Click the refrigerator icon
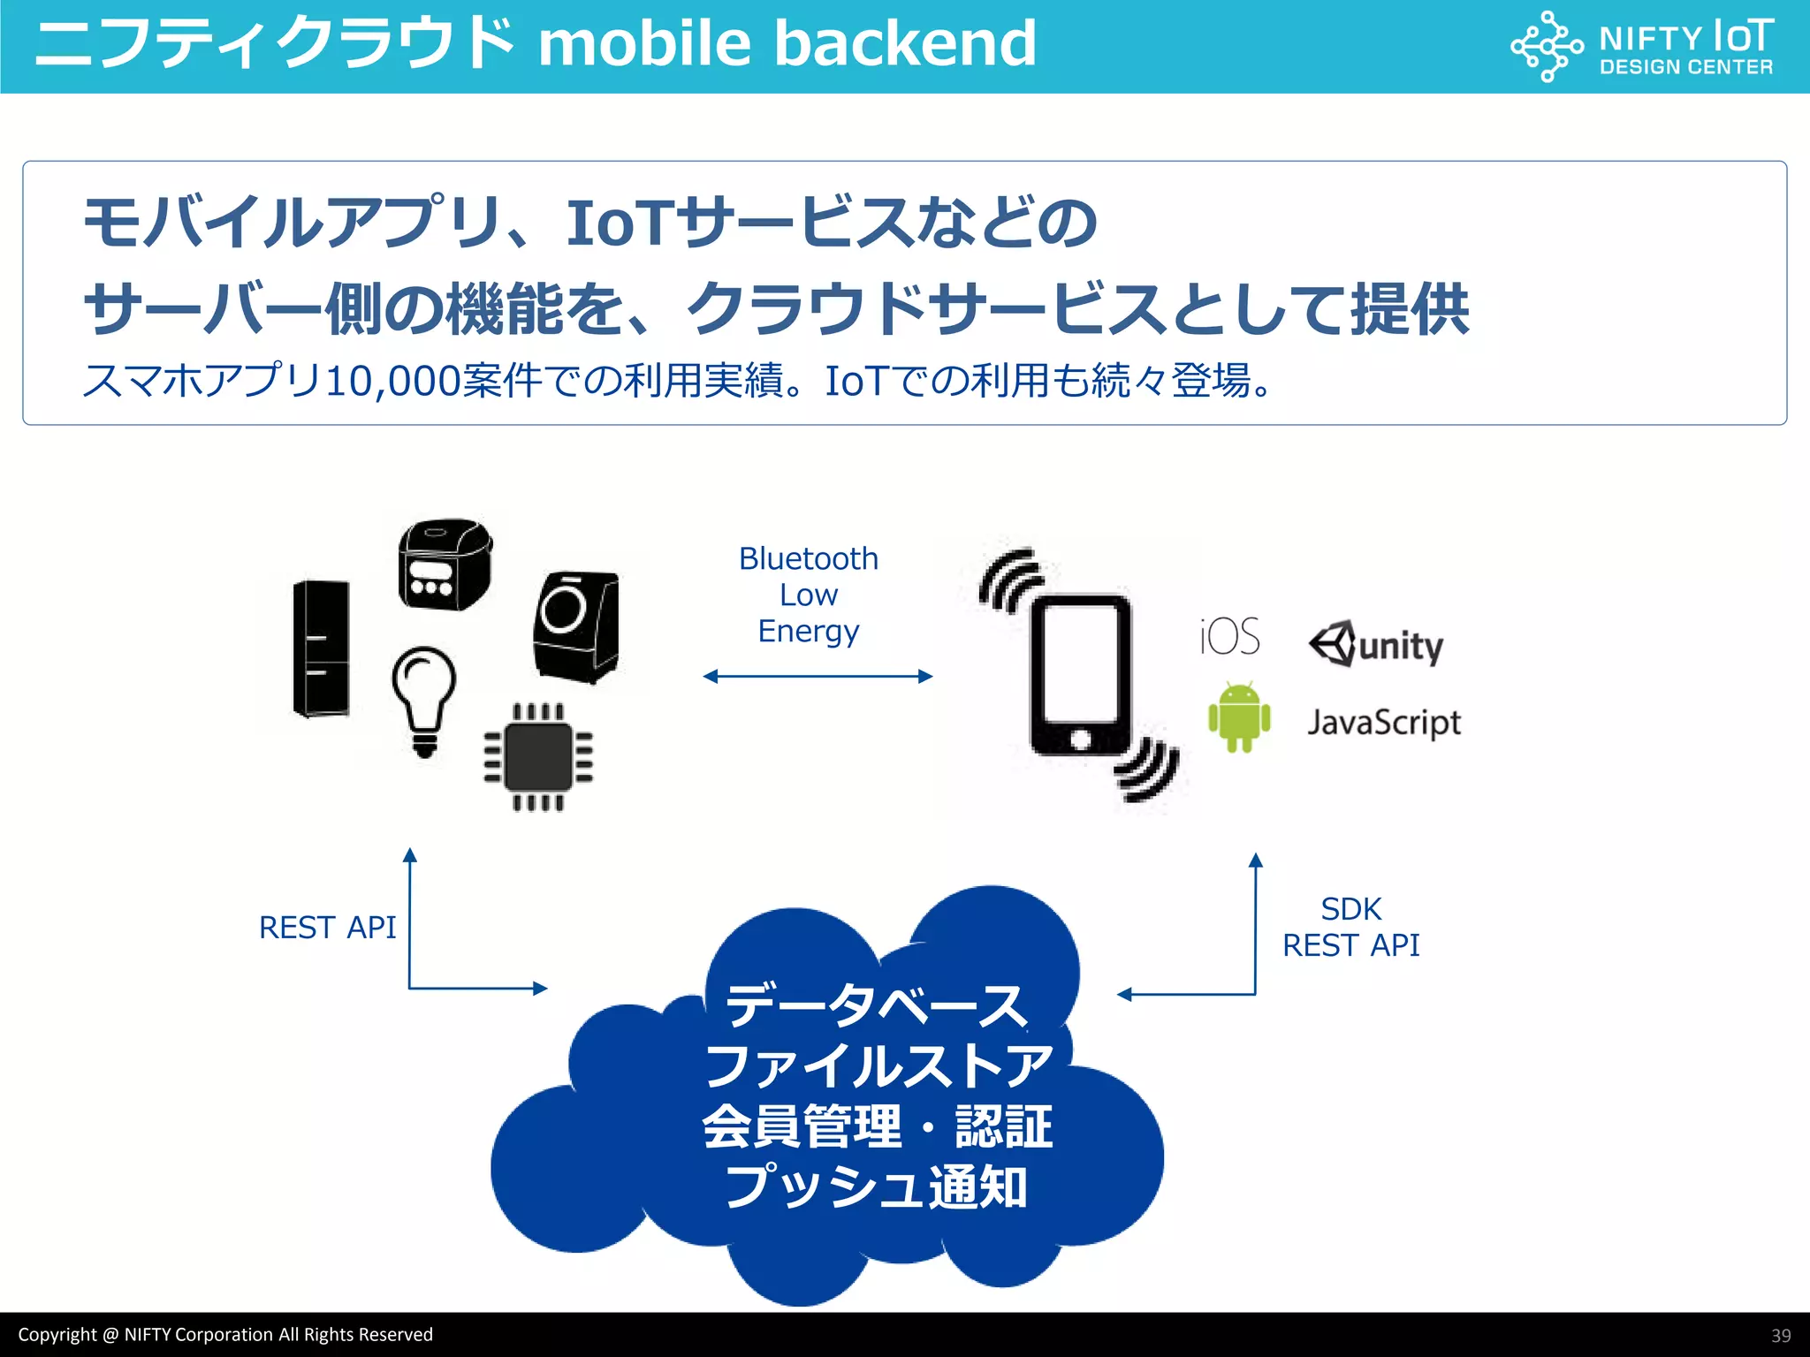pos(321,648)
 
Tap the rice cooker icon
pos(445,564)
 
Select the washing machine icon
pos(576,626)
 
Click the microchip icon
pos(538,757)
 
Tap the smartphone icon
pos(1080,675)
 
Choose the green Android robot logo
pos(1239,716)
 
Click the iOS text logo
pos(1229,636)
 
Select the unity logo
pos(1376,644)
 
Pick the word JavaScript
pos(1384,723)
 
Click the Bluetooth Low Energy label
pos(809,595)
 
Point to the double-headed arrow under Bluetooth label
pos(818,677)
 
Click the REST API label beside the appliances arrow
pos(327,928)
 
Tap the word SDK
pos(1350,909)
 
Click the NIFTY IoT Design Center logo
pos(1642,47)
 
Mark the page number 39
pos(1781,1336)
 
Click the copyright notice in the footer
pos(225,1335)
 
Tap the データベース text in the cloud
pos(875,1005)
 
